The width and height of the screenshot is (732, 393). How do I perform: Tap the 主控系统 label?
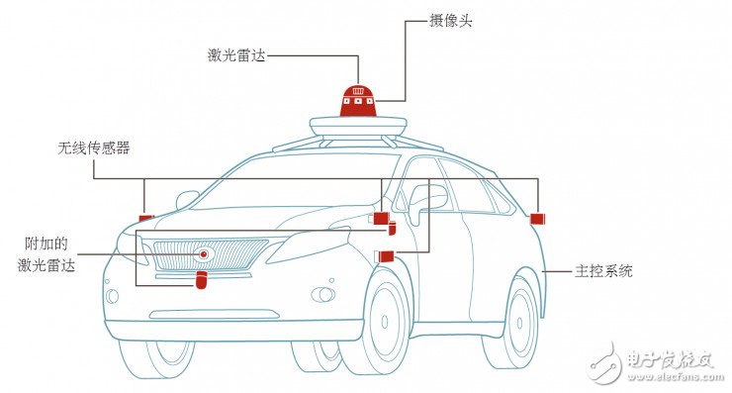[x=604, y=270]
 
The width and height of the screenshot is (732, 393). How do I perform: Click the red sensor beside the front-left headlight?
[x=146, y=218]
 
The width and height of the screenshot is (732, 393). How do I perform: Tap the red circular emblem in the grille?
[x=204, y=254]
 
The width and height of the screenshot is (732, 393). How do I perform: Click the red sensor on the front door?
[x=386, y=257]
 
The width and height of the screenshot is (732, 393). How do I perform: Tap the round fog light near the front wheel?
[x=322, y=295]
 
